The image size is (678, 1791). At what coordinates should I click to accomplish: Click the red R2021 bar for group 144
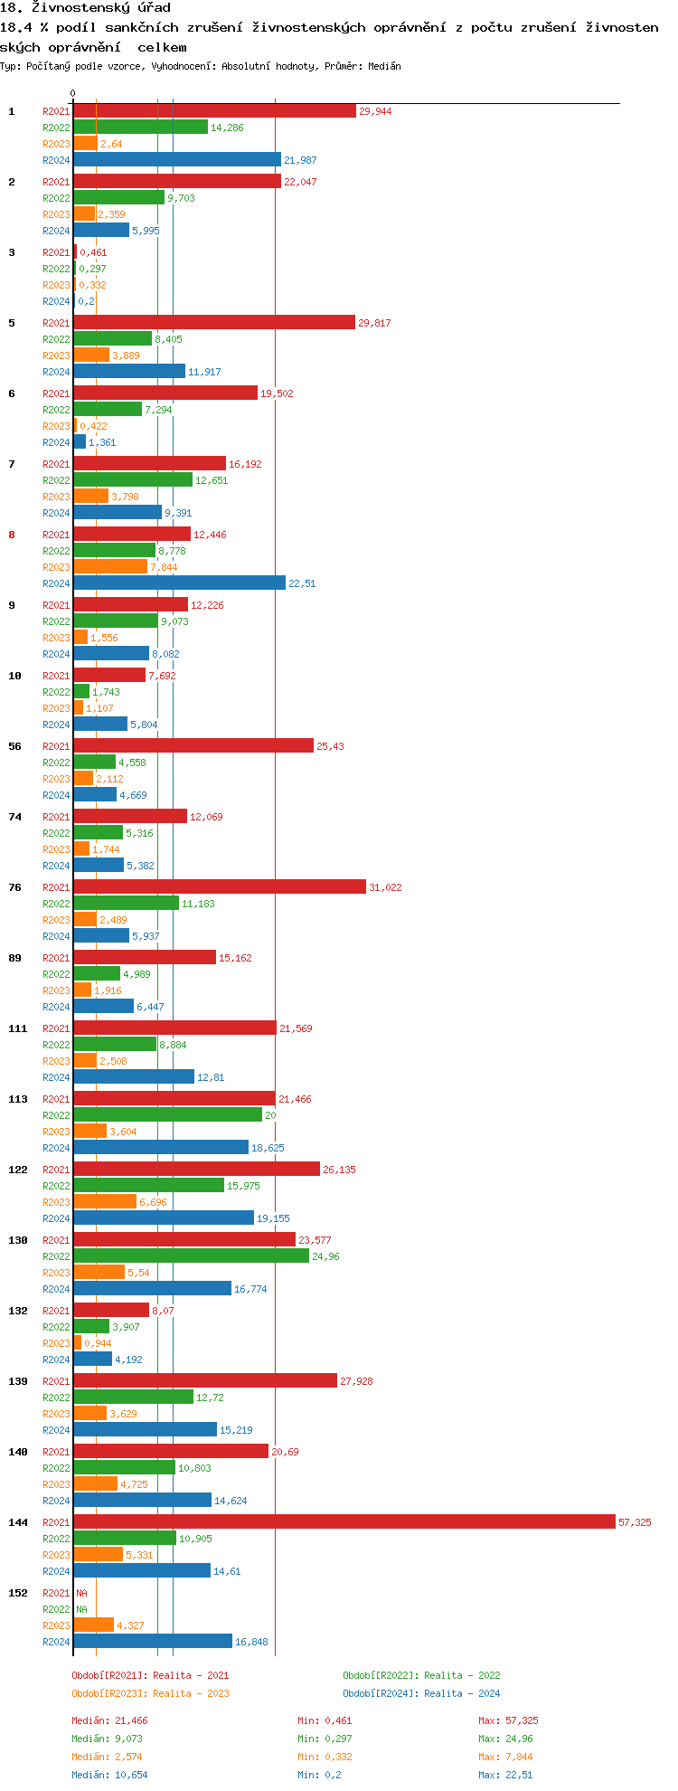pos(344,1522)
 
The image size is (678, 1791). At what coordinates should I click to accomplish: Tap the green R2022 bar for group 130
pos(191,1256)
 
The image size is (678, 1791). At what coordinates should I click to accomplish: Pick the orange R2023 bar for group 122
pos(105,1202)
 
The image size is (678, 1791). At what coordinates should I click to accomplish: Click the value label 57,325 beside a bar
pos(635,1522)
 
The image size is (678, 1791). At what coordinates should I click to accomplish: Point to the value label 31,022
pos(385,887)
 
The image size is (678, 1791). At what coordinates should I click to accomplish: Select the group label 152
pos(18,1593)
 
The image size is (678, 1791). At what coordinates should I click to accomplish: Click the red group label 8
pos(12,535)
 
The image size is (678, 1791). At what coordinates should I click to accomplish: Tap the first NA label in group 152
pos(81,1593)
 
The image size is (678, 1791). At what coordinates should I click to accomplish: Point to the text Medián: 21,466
pos(109,1720)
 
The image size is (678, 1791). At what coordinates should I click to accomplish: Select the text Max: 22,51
pos(505,1775)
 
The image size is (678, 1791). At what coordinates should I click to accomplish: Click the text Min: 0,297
pos(325,1739)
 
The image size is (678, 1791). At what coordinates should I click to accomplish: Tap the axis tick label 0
pos(73,93)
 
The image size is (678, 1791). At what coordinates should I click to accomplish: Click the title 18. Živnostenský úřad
pos(85,8)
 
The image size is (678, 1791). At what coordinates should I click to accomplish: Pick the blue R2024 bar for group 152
pos(153,1642)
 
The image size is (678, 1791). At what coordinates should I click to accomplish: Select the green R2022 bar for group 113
pos(167,1115)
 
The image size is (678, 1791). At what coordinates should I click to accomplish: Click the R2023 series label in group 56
pos(56,779)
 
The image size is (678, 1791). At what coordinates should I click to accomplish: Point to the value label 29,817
pos(374,323)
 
